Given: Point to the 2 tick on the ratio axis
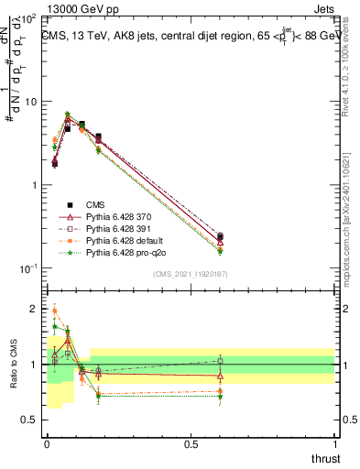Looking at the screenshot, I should (35, 309).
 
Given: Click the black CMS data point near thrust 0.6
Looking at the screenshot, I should (220, 236).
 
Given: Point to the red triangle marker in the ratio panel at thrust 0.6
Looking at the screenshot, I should (220, 376).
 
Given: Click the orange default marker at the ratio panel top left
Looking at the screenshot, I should (54, 311).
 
